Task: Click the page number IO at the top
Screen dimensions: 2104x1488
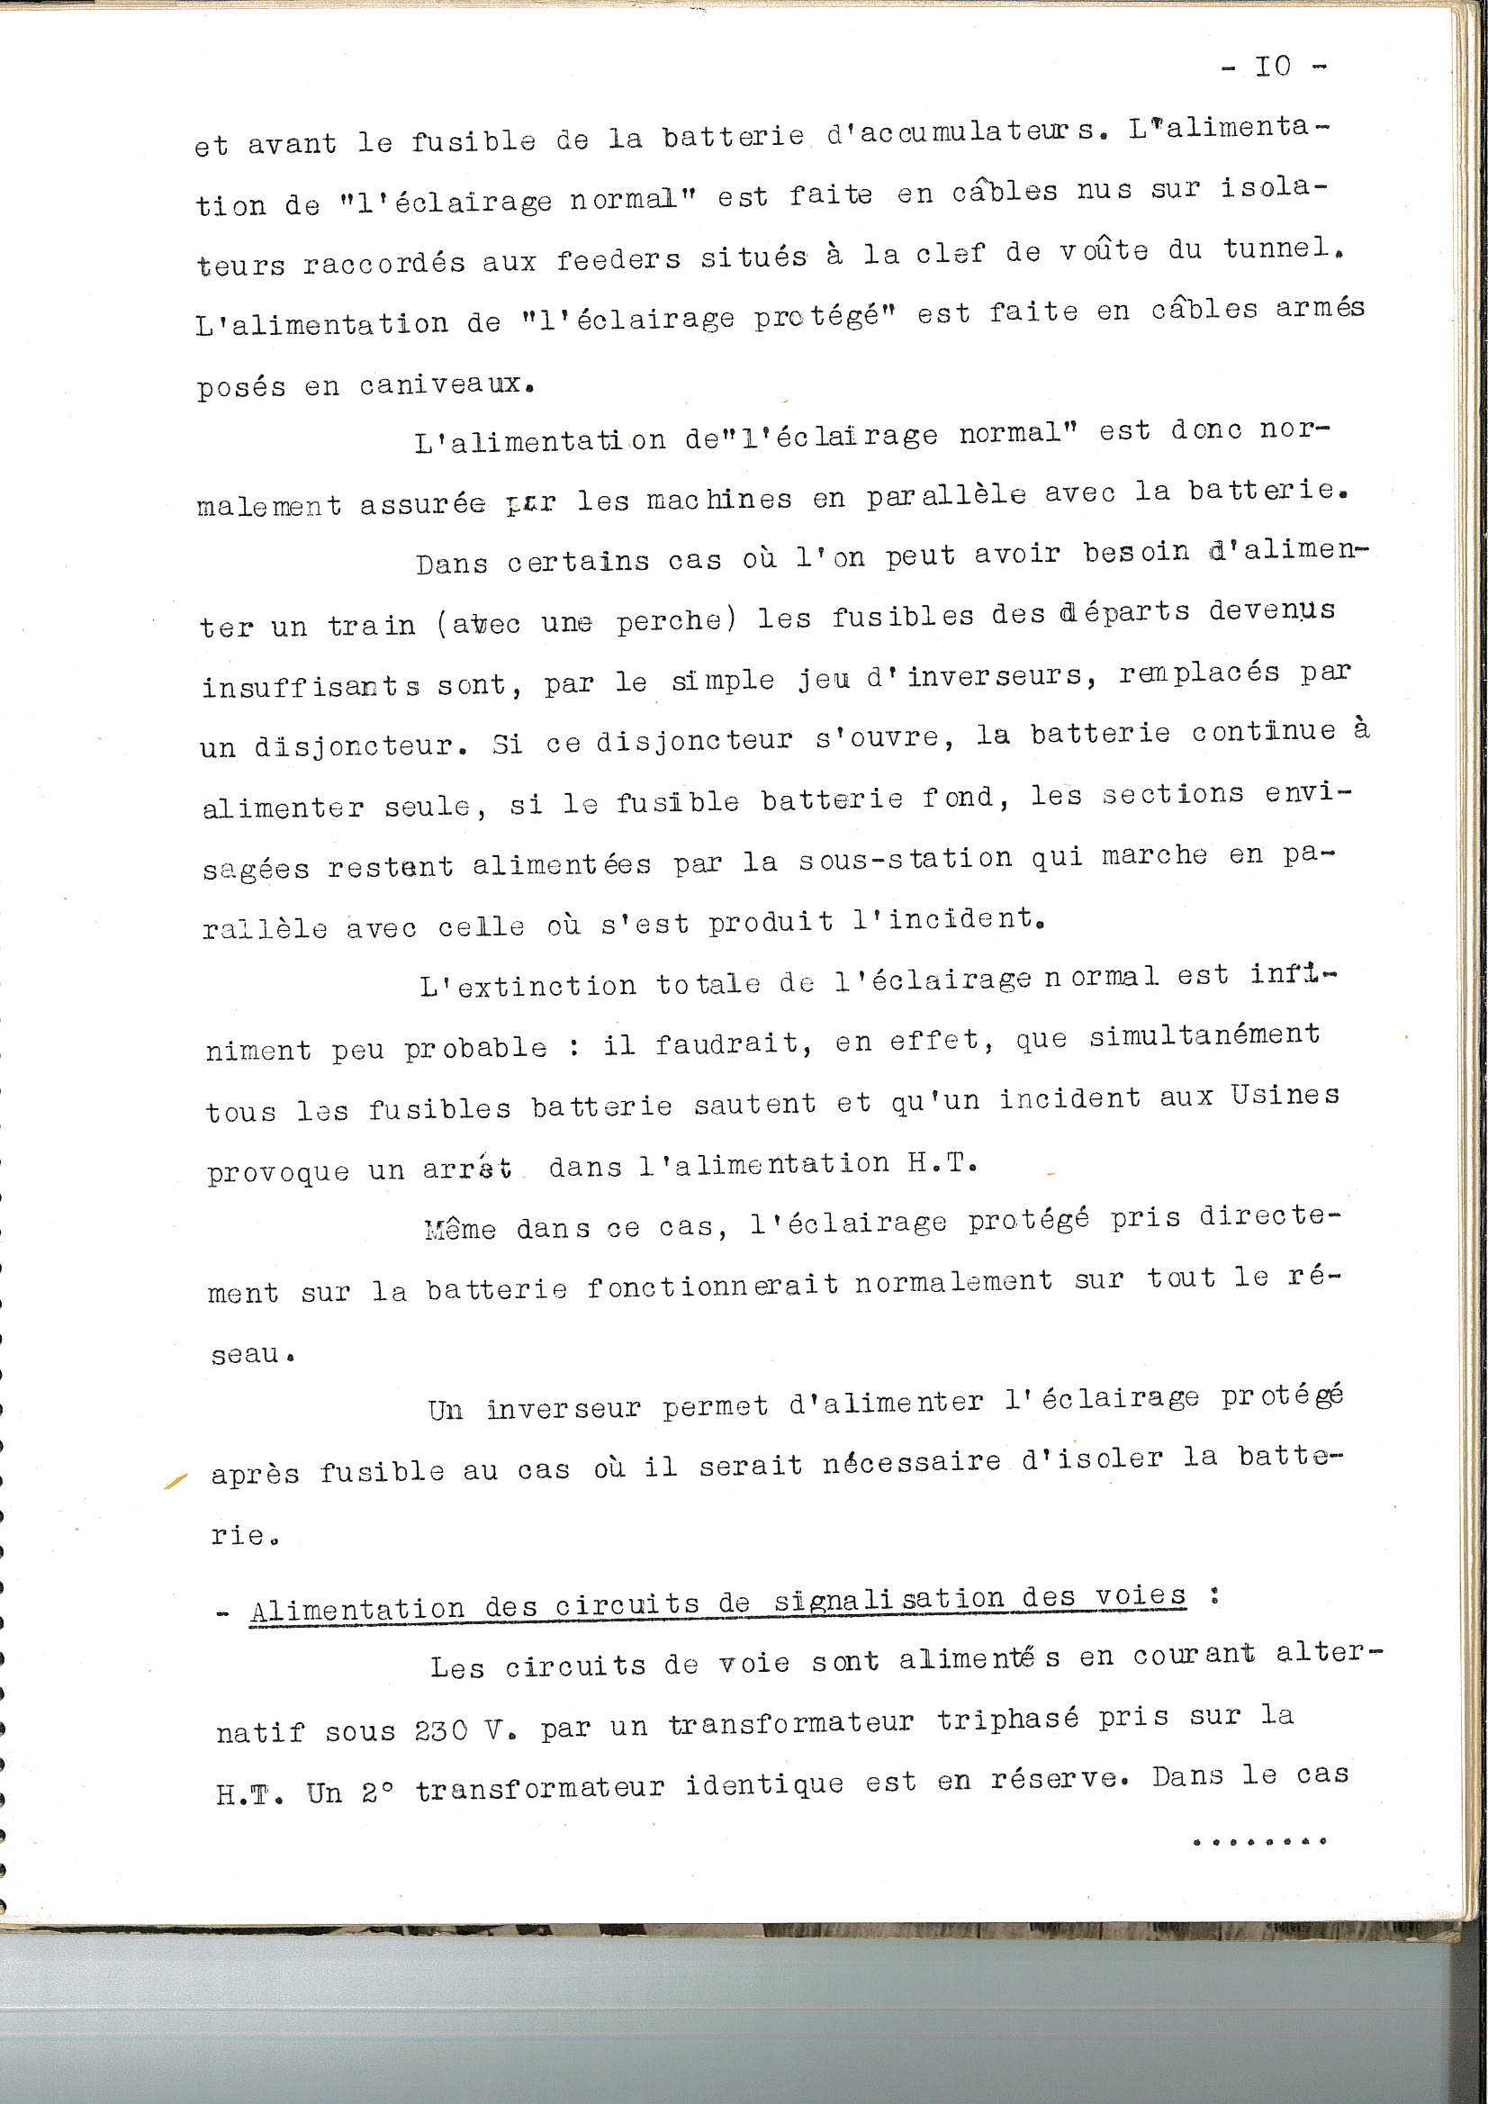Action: coord(1273,66)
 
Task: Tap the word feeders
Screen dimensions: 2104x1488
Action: coord(618,260)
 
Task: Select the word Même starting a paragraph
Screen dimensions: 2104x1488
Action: coord(461,1229)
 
